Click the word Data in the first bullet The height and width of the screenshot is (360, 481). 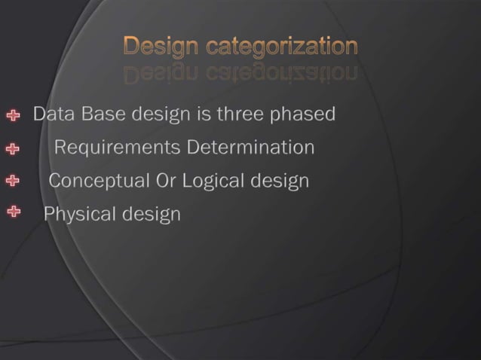pyautogui.click(x=50, y=115)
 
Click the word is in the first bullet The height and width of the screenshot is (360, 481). pyautogui.click(x=201, y=115)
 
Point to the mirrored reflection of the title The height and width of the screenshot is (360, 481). pyautogui.click(x=240, y=73)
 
